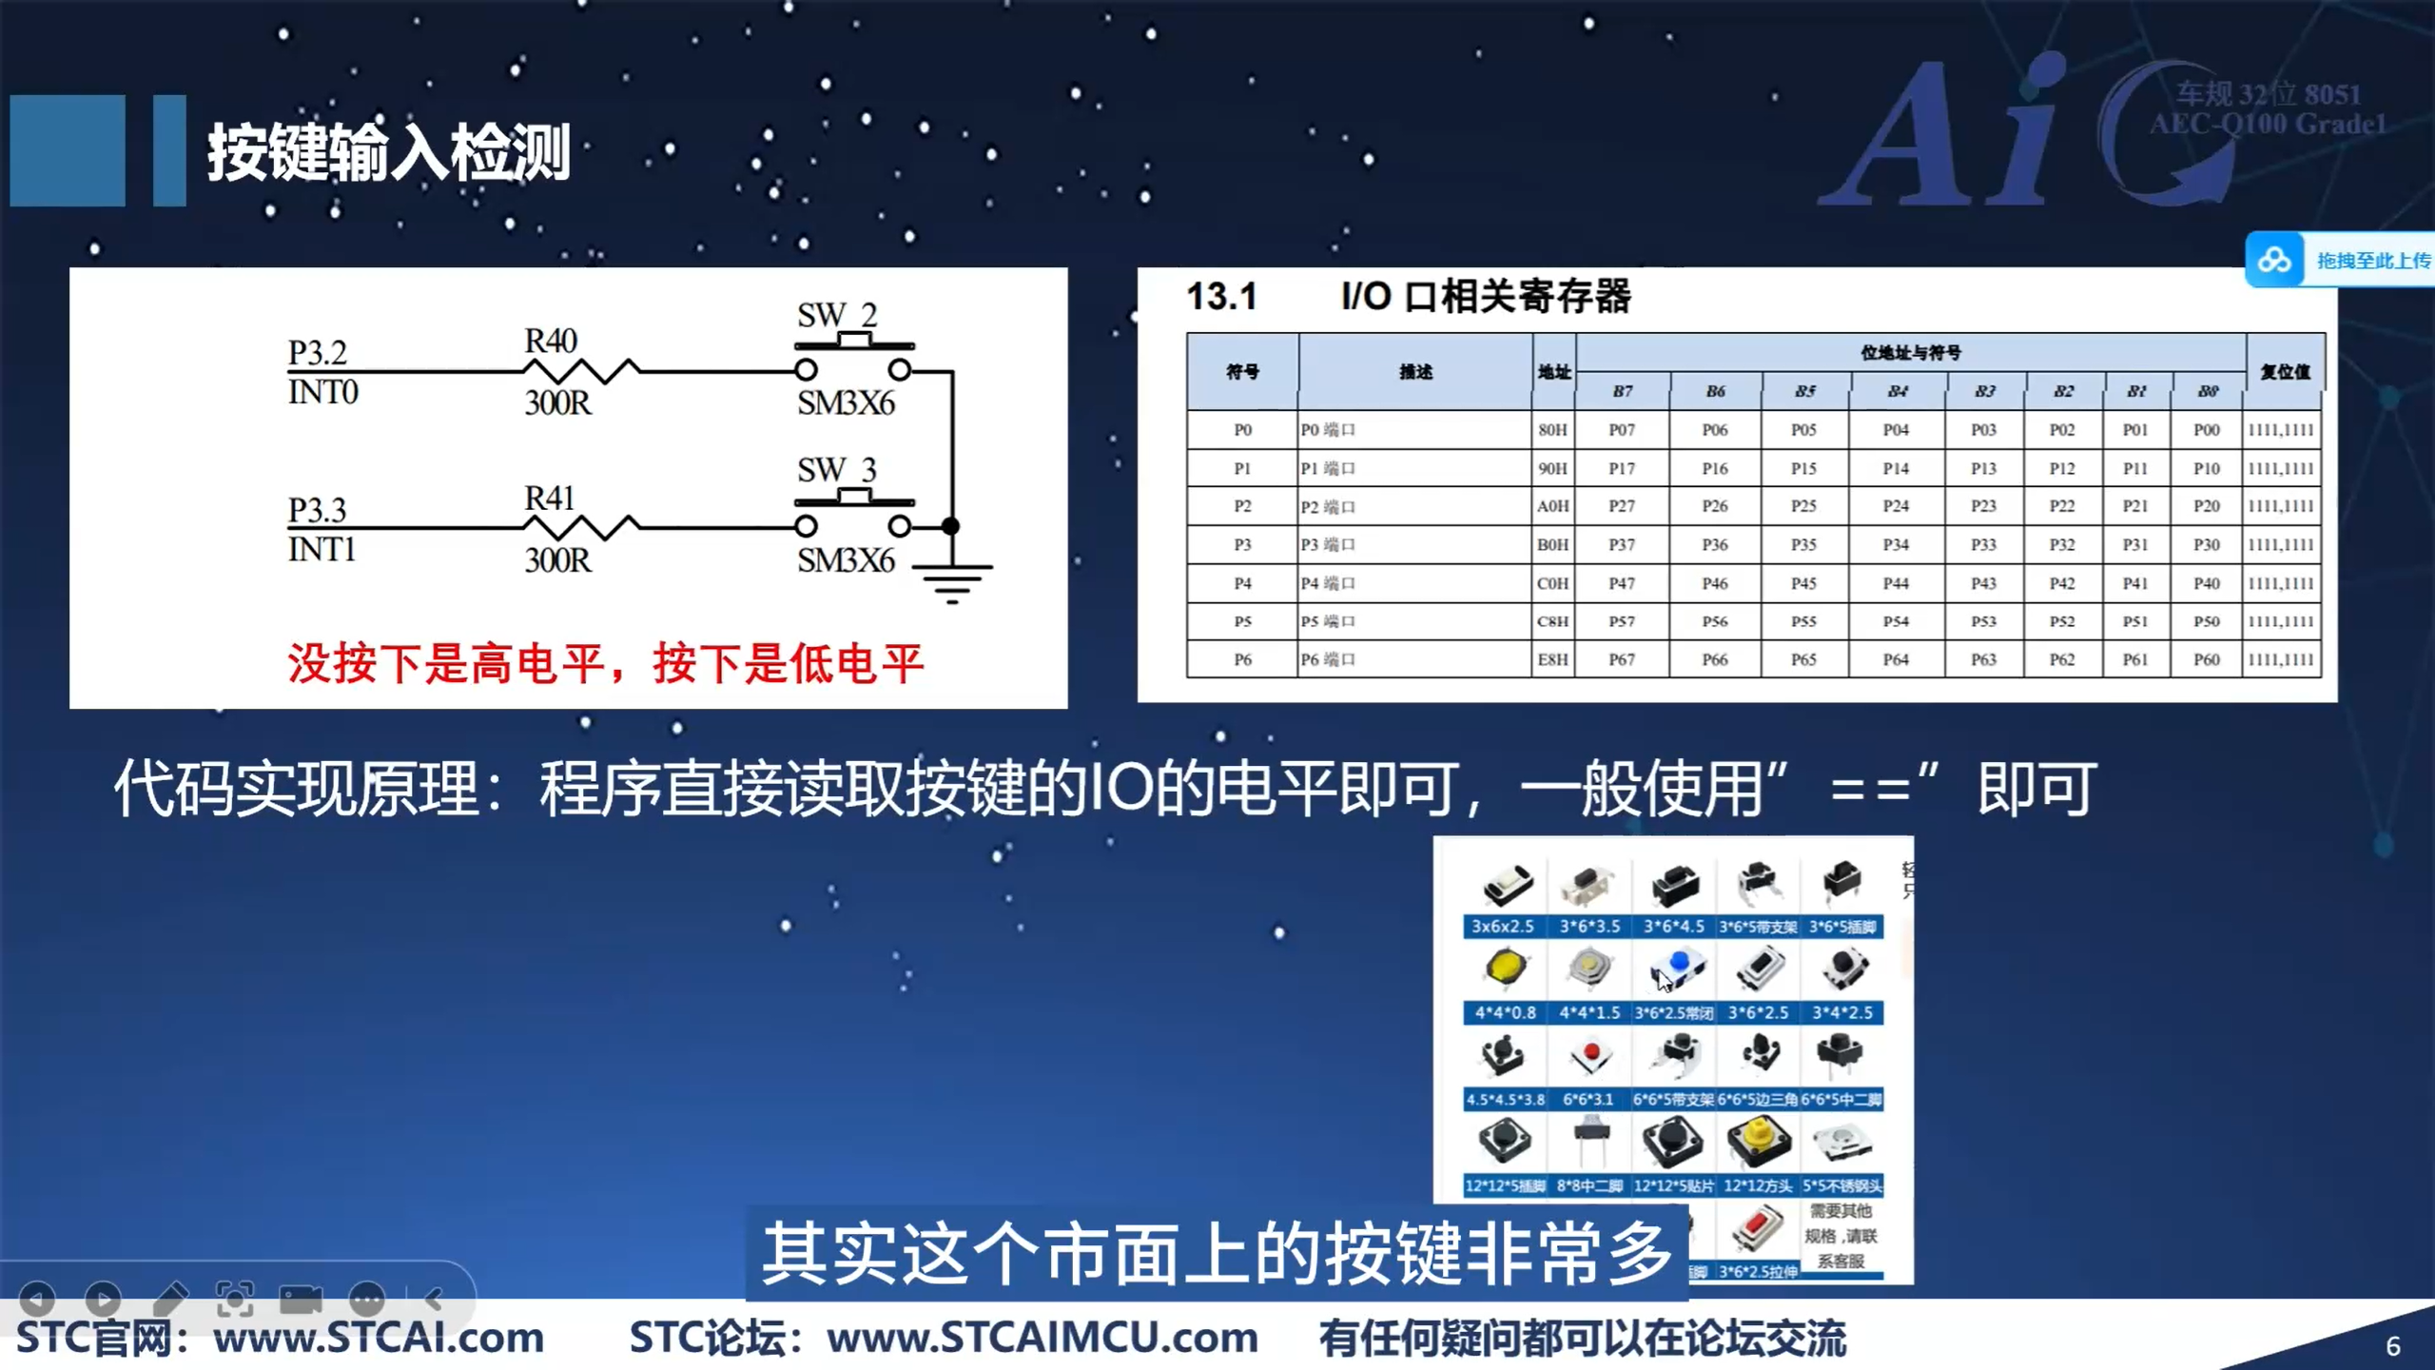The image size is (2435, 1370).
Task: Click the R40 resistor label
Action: (551, 341)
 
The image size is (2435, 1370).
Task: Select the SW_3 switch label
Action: (837, 469)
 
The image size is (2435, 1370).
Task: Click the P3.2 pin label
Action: (318, 352)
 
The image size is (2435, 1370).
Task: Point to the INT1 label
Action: (321, 549)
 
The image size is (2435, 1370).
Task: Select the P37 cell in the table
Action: (1622, 544)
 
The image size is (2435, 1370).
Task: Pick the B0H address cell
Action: (1552, 544)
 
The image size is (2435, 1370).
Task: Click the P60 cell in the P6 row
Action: (2206, 659)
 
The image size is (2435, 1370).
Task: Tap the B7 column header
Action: (1622, 391)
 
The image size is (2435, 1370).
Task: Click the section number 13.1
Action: (1221, 296)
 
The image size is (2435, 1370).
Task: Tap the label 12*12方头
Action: (1757, 1185)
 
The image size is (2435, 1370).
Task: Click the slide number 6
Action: (2393, 1346)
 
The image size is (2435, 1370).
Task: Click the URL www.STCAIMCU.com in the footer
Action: (1042, 1338)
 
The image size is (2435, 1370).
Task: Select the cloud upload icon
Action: (2274, 260)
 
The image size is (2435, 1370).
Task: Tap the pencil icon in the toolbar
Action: (170, 1298)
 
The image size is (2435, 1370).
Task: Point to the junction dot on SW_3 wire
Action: (950, 525)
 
